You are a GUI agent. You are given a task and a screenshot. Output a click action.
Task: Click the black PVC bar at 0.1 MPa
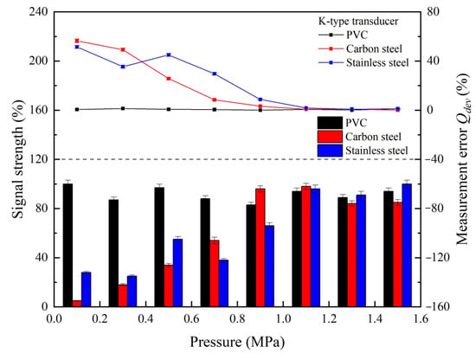click(x=68, y=245)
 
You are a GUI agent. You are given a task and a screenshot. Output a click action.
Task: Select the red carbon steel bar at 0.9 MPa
click(x=261, y=247)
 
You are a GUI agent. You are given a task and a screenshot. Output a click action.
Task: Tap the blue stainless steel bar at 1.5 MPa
click(x=407, y=245)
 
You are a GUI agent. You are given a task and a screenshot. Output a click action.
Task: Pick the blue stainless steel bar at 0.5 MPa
click(x=178, y=273)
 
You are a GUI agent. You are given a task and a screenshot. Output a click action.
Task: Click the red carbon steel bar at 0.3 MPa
click(x=123, y=296)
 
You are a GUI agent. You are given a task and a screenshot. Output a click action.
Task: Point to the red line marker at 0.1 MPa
click(x=77, y=41)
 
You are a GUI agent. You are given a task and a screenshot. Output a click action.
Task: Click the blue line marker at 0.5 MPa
click(x=169, y=55)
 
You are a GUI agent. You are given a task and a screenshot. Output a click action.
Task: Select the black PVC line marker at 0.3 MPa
click(x=123, y=108)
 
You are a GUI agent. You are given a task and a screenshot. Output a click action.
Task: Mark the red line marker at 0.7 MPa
click(x=215, y=100)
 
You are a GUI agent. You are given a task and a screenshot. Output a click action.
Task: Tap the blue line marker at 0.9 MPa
click(x=261, y=100)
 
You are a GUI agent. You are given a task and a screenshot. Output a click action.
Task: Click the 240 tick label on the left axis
click(x=39, y=12)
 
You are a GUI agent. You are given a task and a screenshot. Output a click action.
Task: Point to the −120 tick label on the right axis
click(x=437, y=258)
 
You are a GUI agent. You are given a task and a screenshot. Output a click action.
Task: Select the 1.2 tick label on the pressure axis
click(x=330, y=319)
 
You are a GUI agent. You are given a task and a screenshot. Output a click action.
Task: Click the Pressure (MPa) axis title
click(x=237, y=342)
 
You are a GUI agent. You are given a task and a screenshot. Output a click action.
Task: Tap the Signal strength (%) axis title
click(x=18, y=158)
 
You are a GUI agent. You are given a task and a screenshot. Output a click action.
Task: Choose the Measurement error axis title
click(x=463, y=158)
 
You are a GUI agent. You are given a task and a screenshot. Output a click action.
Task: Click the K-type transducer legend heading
click(x=358, y=22)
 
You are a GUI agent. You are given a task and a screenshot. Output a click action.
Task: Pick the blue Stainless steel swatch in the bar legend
click(x=330, y=151)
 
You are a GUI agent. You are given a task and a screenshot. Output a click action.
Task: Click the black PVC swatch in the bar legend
click(x=330, y=123)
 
